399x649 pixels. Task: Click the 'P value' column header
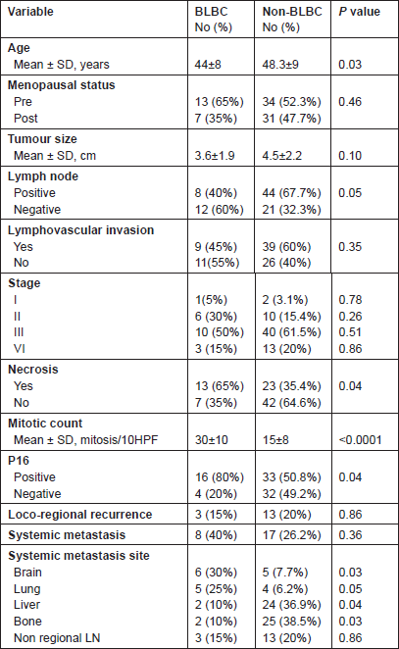[x=359, y=12]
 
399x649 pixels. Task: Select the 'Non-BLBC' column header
[x=292, y=12]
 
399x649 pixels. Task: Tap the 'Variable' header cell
[x=30, y=12]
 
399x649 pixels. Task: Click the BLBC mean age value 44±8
[x=208, y=65]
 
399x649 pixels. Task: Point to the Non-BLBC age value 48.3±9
[x=280, y=65]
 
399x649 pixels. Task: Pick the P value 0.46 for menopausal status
[x=350, y=102]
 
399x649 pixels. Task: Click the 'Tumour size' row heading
[x=42, y=139]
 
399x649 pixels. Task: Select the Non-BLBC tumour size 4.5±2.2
[x=282, y=156]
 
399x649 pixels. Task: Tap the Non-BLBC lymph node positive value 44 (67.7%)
[x=291, y=193]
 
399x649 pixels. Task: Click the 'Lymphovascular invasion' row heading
[x=80, y=230]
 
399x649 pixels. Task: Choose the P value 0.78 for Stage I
[x=350, y=300]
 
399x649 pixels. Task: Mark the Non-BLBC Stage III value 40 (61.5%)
[x=291, y=332]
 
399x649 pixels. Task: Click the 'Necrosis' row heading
[x=33, y=370]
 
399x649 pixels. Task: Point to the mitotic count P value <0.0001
[x=360, y=439]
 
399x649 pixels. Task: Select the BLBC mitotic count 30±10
[x=211, y=439]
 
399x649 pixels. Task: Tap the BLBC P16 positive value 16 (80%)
[x=220, y=477]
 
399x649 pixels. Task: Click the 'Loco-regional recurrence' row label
[x=79, y=515]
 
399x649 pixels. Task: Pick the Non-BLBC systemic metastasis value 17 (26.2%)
[x=291, y=535]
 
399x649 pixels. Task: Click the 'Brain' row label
[x=27, y=573]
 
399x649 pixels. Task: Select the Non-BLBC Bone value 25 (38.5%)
[x=291, y=622]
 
